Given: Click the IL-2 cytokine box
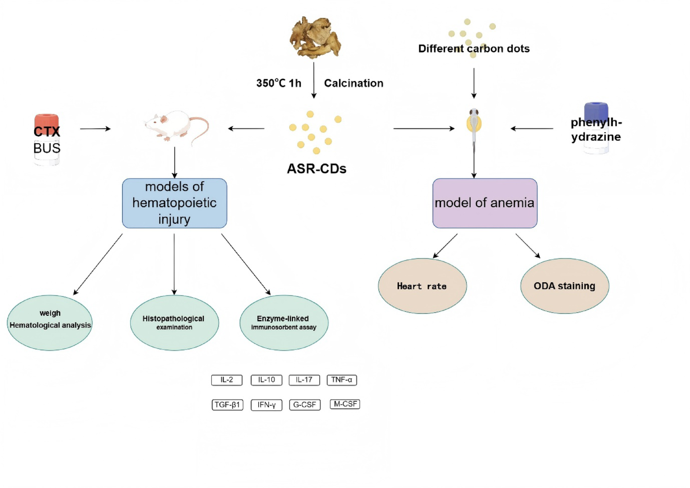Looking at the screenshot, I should [x=227, y=380].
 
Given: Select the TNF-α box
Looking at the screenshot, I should [x=341, y=380].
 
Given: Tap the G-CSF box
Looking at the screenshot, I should [x=304, y=404].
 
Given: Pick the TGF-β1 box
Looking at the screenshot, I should [x=227, y=404].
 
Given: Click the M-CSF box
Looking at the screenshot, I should [x=345, y=404].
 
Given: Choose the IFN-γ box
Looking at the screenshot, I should [x=266, y=404].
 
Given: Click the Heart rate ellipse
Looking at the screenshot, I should [x=422, y=286].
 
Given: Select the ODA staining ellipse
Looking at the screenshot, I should [x=564, y=286].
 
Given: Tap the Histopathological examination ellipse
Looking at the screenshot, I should [x=174, y=322].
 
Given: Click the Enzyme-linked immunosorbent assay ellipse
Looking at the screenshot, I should [x=284, y=322].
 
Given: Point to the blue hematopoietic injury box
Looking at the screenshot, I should [x=174, y=203].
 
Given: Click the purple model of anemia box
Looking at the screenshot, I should [x=484, y=203].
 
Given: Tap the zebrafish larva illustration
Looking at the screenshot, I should [x=474, y=126].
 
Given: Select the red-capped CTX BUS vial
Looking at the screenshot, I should [x=47, y=139].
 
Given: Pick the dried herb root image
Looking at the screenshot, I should [x=315, y=37].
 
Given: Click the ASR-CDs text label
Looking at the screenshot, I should [x=316, y=168].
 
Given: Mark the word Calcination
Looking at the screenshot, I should [x=353, y=83].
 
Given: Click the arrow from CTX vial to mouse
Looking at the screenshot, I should [x=95, y=129].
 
